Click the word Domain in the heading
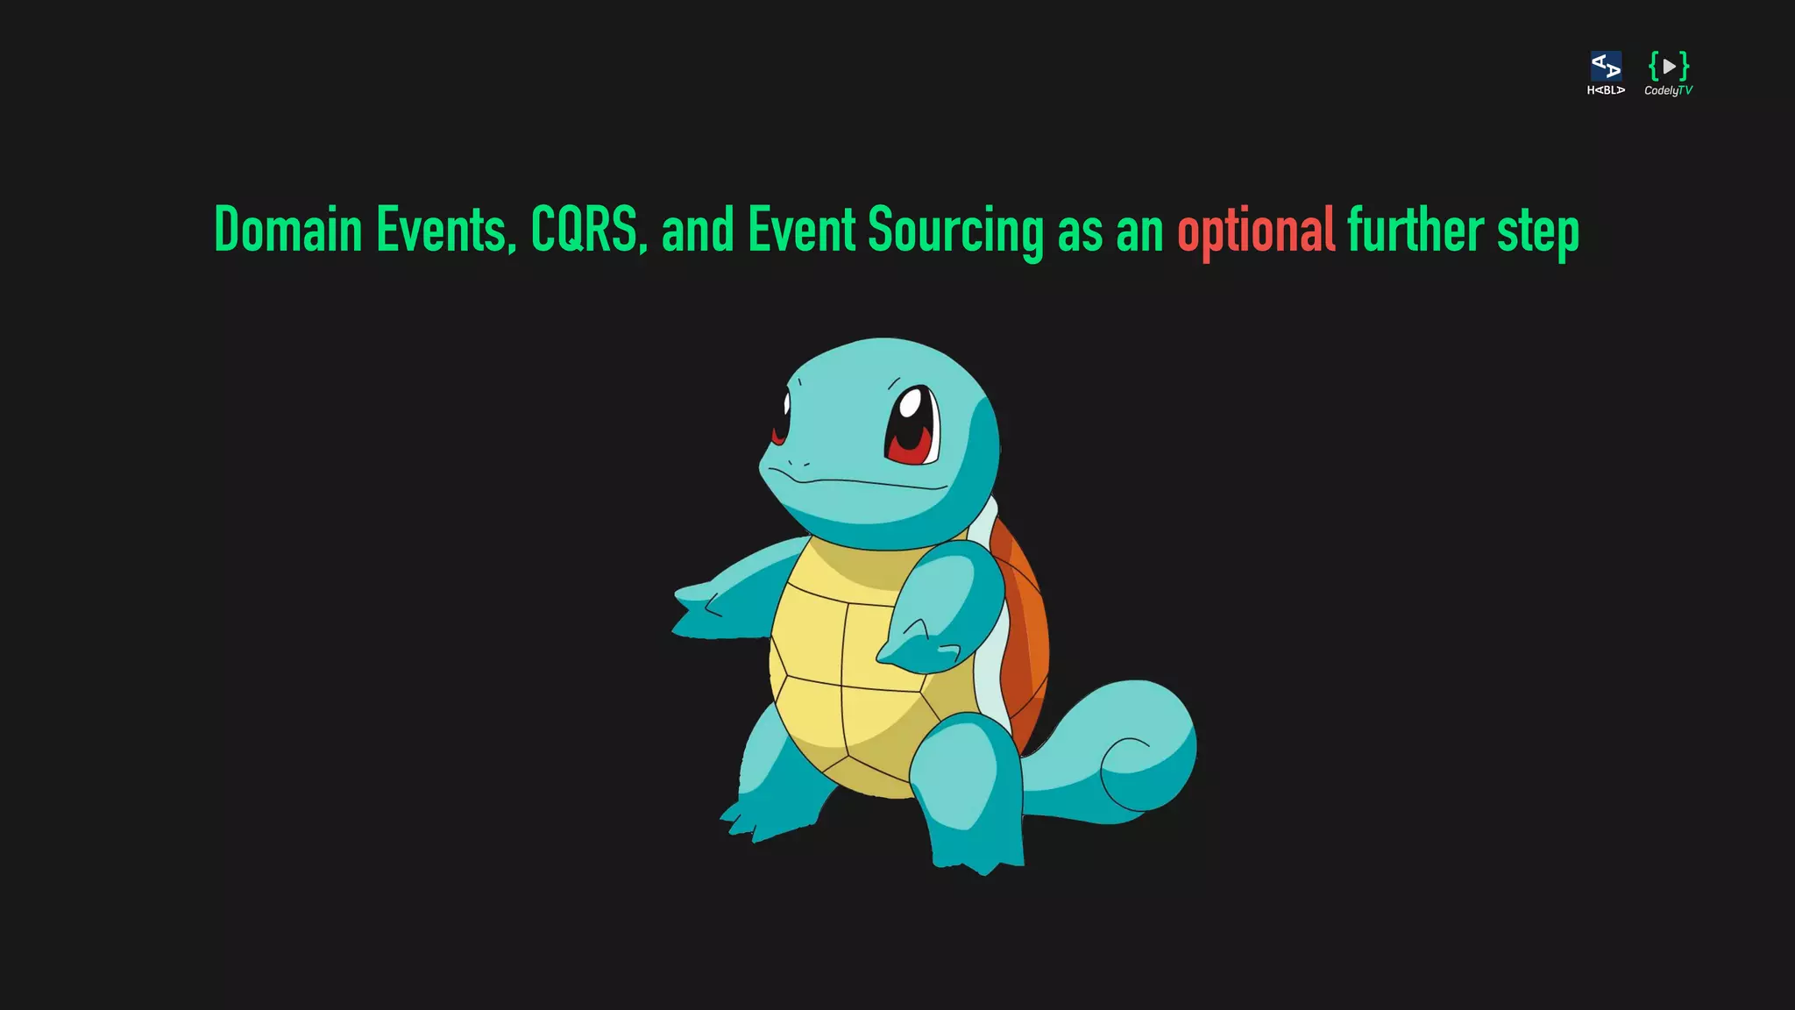[x=287, y=230]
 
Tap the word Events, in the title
[x=446, y=230]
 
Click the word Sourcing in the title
[x=955, y=231]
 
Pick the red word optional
[x=1255, y=231]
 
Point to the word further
[x=1415, y=230]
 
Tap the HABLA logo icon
[x=1606, y=67]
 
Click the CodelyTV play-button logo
[x=1668, y=66]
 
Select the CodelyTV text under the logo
[x=1668, y=90]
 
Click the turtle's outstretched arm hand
[x=701, y=609]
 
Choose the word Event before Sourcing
[x=801, y=230]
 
